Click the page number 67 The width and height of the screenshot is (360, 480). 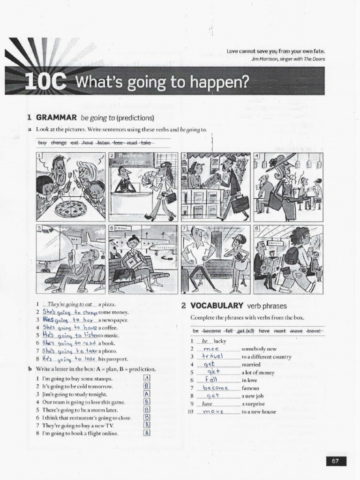[335, 461]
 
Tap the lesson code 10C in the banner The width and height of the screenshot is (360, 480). [45, 82]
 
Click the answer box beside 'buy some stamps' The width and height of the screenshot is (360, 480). [147, 378]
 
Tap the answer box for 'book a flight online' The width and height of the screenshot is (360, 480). [147, 433]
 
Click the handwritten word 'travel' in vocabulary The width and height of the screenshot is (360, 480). [212, 356]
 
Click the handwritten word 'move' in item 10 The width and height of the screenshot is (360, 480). [214, 412]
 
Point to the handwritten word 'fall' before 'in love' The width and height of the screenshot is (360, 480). [211, 380]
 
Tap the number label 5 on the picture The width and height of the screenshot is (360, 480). [40, 228]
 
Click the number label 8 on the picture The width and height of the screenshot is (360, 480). [257, 228]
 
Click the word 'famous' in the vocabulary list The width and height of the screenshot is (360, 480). [250, 388]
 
